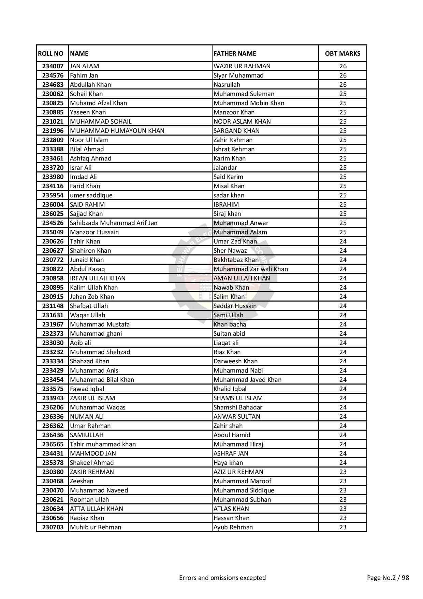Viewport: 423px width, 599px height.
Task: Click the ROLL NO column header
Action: [x=50, y=54]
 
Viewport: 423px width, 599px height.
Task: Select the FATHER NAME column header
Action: [x=235, y=54]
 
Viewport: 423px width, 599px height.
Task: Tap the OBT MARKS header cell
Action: [x=342, y=54]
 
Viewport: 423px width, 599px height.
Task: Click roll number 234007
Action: [x=53, y=66]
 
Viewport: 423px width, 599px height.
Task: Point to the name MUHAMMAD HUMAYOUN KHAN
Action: [x=117, y=131]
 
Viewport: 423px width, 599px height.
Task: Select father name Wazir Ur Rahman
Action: [x=242, y=66]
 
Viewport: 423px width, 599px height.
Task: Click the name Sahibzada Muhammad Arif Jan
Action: [x=114, y=223]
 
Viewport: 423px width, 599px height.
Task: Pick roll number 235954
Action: [x=53, y=195]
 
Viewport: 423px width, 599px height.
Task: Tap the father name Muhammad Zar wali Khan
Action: [x=251, y=269]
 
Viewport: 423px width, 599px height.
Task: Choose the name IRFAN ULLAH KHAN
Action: [x=98, y=278]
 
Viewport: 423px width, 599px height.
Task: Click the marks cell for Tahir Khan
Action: [x=343, y=241]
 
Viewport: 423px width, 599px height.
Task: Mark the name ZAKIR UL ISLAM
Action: [x=92, y=398]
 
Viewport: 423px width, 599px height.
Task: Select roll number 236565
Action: [x=53, y=444]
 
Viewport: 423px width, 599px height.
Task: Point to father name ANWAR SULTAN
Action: [x=237, y=417]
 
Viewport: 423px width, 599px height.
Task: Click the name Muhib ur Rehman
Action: [x=96, y=527]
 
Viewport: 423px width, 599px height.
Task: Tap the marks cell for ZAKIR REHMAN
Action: [x=343, y=472]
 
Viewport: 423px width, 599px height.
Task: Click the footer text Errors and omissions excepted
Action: [x=222, y=578]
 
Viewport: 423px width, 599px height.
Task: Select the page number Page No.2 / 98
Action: [x=388, y=578]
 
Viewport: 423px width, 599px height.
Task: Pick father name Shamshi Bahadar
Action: [x=238, y=407]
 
